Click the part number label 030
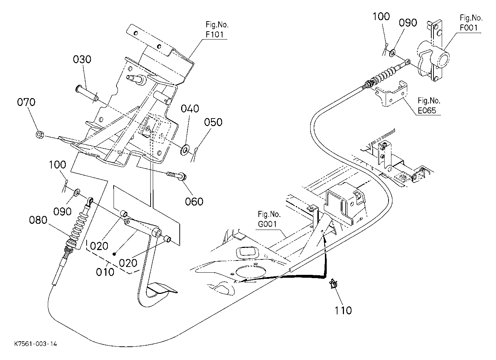click(x=82, y=59)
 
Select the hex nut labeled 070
click(x=40, y=134)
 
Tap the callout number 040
click(x=190, y=109)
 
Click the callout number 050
click(x=213, y=122)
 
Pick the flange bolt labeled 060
click(x=177, y=176)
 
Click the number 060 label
click(x=194, y=202)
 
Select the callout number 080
click(x=38, y=220)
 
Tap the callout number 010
click(x=105, y=272)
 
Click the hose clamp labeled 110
click(x=333, y=284)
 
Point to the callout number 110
click(x=343, y=310)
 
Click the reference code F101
click(x=215, y=35)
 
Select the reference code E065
click(x=427, y=111)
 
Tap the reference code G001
click(x=267, y=224)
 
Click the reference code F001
click(x=469, y=28)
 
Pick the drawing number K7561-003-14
click(x=36, y=344)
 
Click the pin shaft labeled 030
click(x=87, y=93)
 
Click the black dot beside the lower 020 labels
click(x=114, y=254)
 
